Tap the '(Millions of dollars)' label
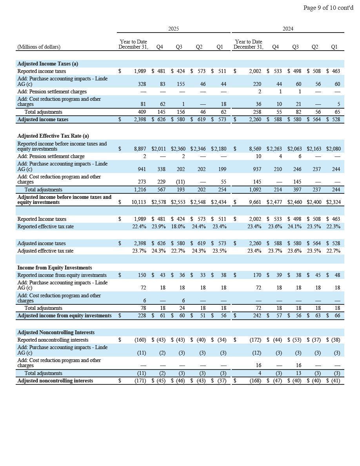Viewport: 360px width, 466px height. point(39,47)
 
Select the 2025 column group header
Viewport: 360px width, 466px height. point(173,29)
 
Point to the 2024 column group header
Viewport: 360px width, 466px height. point(288,29)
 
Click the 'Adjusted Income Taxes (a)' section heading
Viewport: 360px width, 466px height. point(47,64)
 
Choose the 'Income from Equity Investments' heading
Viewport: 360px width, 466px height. point(55,268)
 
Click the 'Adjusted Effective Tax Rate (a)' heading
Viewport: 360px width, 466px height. point(53,136)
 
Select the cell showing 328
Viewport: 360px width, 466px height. point(142,84)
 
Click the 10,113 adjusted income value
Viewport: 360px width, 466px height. point(139,202)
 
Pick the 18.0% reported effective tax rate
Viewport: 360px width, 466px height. point(178,227)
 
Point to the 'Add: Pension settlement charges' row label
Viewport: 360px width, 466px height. point(52,91)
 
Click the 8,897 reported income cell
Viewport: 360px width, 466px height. point(140,149)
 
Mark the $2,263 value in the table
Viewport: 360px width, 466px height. point(274,149)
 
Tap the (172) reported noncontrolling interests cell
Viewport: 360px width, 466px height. point(255,340)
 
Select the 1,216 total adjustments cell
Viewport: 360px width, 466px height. point(140,190)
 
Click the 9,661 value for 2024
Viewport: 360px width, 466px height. point(255,202)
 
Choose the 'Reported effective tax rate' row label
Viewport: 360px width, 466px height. point(45,227)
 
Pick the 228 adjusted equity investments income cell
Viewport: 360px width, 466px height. point(142,316)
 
